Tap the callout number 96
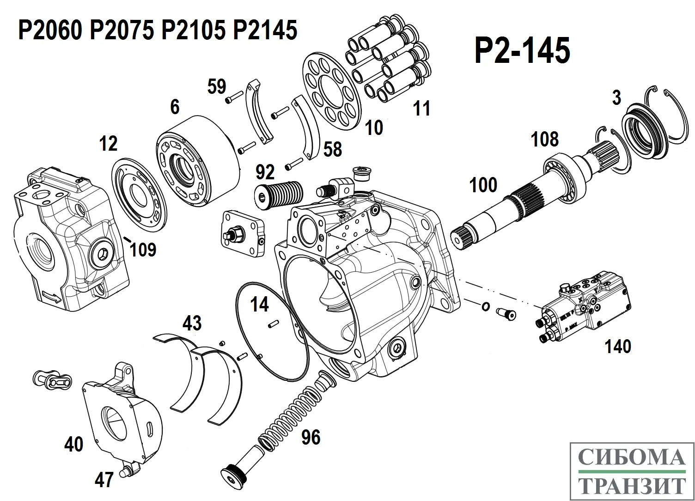click(x=311, y=437)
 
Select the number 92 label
click(x=265, y=172)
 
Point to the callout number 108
click(x=544, y=139)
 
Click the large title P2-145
click(x=522, y=50)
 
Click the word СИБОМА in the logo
click(x=632, y=458)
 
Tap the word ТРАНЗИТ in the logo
click(x=632, y=486)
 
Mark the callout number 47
click(x=104, y=480)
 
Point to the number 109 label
click(x=143, y=250)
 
